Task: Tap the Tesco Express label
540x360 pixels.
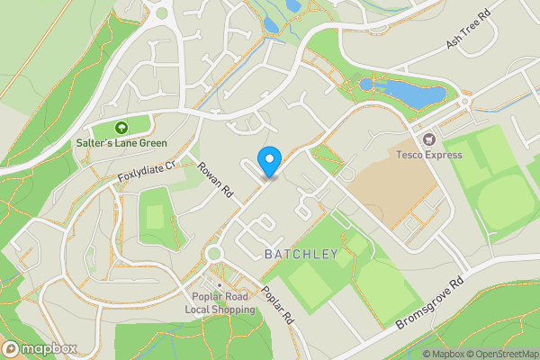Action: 430,155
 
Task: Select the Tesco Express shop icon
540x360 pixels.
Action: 428,139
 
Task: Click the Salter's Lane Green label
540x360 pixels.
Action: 121,143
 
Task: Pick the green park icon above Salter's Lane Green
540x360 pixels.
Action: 121,128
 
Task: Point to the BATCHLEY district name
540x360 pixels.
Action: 301,255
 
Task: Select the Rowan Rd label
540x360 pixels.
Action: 216,180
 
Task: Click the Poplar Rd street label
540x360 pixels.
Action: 277,305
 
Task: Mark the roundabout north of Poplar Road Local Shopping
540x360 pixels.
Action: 214,254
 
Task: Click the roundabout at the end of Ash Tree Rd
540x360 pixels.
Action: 463,103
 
